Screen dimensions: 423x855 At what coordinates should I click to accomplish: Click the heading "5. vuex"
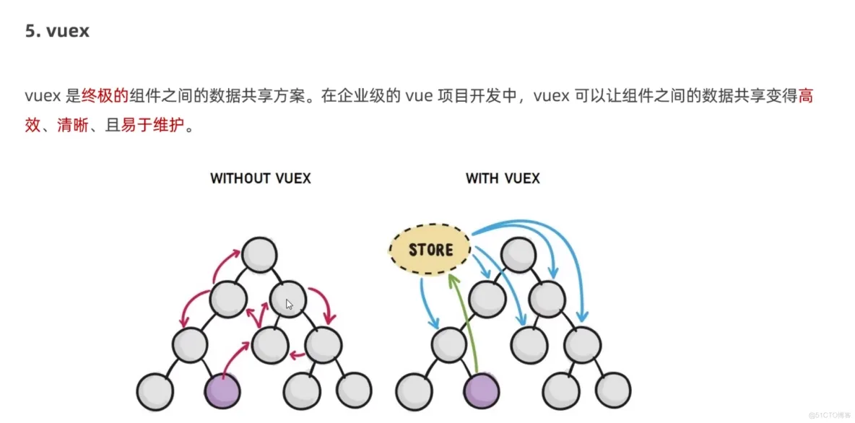pos(57,31)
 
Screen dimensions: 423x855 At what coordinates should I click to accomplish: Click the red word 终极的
pos(105,96)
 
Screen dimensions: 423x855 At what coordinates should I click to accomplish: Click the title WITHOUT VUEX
pos(260,178)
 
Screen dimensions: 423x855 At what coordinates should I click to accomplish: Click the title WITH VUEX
pos(503,178)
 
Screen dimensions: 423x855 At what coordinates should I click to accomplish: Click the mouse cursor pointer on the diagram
pos(290,305)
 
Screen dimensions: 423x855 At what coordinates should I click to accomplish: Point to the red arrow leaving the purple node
pos(235,357)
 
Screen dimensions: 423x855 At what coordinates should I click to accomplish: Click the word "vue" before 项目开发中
pos(419,96)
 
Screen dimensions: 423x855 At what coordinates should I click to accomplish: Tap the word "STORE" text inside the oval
pos(430,250)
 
